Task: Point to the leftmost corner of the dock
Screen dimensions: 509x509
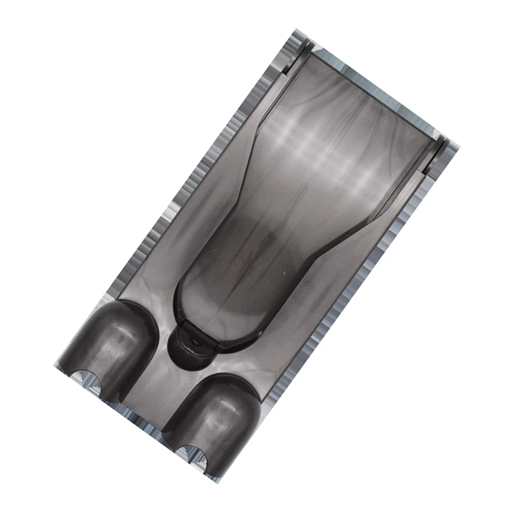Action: [55, 365]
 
